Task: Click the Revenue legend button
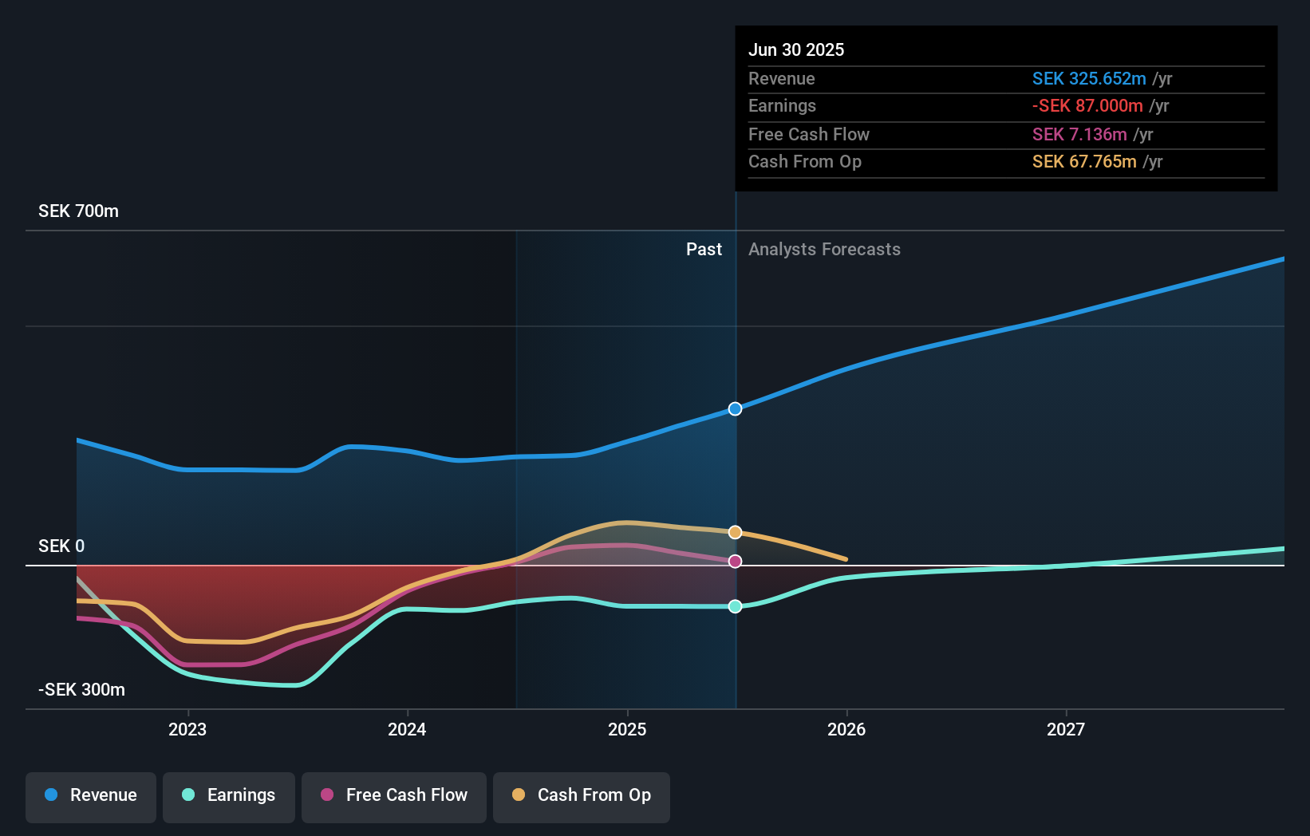tap(91, 795)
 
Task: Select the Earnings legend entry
tap(229, 795)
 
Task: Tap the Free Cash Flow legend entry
tap(394, 795)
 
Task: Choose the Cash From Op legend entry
tap(582, 795)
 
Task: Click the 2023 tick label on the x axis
tap(187, 729)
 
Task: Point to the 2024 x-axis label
tap(407, 729)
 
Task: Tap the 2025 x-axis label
tap(627, 729)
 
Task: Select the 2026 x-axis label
tap(846, 729)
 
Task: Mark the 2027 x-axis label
tap(1066, 729)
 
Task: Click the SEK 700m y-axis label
tap(78, 211)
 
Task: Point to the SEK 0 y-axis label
tap(61, 546)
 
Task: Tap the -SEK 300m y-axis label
tap(81, 690)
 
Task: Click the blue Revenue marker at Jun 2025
tap(736, 409)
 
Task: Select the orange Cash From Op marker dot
tap(736, 532)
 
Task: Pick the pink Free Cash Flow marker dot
tap(736, 562)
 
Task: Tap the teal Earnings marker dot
tap(736, 606)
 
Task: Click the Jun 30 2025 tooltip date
tap(796, 50)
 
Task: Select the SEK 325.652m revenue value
tap(1089, 79)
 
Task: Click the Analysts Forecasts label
tap(824, 250)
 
